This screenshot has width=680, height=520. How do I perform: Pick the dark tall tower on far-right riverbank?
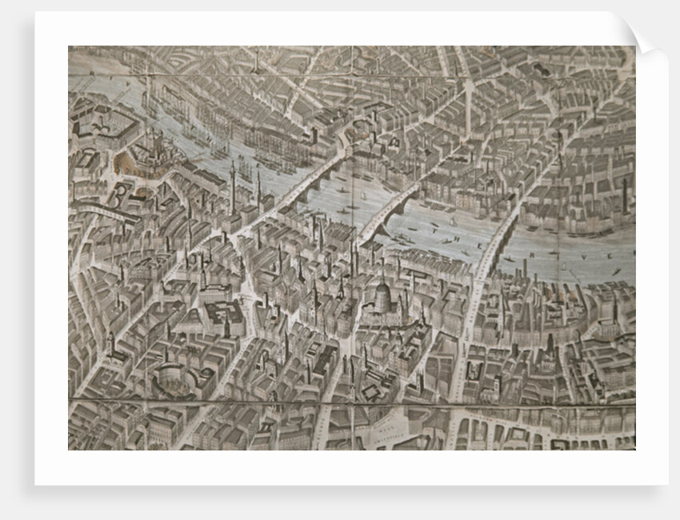[625, 196]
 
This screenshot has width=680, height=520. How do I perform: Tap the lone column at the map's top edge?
[254, 60]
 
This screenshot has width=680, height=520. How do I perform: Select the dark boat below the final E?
[616, 272]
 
